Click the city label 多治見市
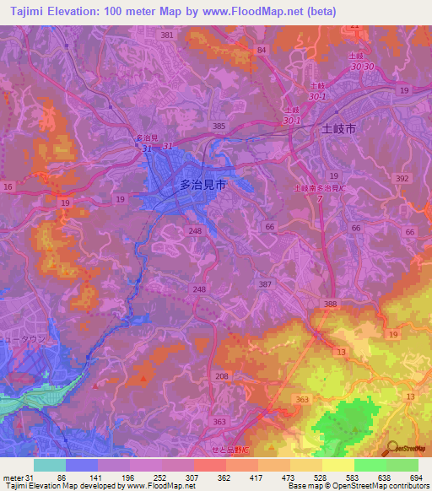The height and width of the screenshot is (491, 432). click(203, 182)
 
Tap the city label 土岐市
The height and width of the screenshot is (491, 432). click(340, 131)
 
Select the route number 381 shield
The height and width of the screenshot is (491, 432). click(166, 35)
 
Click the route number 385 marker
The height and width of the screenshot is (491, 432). click(219, 126)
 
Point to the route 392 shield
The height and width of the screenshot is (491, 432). click(402, 179)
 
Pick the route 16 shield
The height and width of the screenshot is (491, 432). click(8, 186)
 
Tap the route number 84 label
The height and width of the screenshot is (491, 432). click(262, 51)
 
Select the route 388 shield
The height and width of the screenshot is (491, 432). click(329, 304)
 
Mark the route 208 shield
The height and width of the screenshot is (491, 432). click(222, 375)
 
